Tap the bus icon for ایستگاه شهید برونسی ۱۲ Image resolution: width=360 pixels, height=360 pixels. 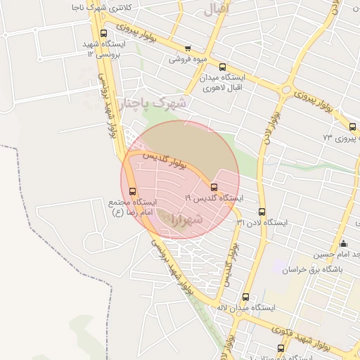click(104, 33)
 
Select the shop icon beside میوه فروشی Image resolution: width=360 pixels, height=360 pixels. click(187, 49)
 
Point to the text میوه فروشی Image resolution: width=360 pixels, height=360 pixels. click(186, 59)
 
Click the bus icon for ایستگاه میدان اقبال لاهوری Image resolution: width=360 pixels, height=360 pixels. click(223, 67)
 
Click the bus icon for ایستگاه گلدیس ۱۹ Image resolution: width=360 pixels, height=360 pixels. click(214, 186)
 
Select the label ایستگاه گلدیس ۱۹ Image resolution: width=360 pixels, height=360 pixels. click(214, 199)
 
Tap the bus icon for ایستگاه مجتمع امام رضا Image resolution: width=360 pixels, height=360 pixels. click(133, 192)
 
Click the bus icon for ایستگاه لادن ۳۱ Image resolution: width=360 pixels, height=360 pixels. click(262, 212)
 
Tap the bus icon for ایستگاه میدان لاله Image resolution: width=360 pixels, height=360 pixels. click(245, 297)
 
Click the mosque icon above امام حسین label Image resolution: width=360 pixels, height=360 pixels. click(343, 243)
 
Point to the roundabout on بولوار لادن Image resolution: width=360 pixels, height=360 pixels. click(286, 90)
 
